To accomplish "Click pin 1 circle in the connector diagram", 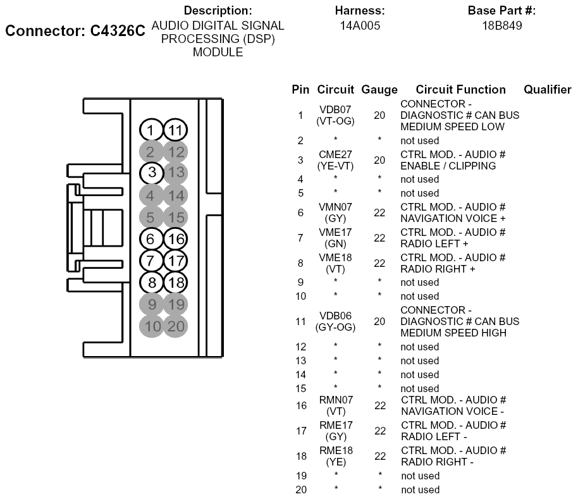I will click(151, 131).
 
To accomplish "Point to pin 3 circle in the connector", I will click(151, 172).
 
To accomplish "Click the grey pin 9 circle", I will click(151, 305).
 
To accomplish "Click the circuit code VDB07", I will click(335, 109).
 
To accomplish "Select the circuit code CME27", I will click(335, 154).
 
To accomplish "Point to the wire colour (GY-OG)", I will click(335, 327).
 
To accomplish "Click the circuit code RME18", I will click(335, 450).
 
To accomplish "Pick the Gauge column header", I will click(379, 90).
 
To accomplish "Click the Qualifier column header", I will click(547, 90).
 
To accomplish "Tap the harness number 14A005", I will click(360, 26).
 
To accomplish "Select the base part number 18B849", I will click(501, 26).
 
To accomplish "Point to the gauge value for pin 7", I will click(379, 238).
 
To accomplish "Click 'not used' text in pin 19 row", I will click(420, 476).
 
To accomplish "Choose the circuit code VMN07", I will click(335, 207).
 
